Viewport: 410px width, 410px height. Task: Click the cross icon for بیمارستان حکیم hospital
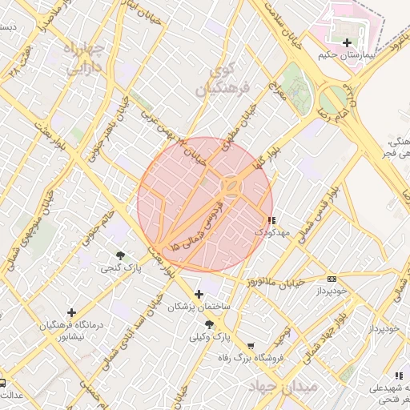coord(346,42)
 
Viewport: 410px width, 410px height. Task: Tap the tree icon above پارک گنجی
coord(120,255)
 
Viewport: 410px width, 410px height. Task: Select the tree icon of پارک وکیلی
coord(209,324)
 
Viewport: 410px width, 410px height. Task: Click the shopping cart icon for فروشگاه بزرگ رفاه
coord(251,347)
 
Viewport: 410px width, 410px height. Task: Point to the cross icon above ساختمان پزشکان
coord(199,295)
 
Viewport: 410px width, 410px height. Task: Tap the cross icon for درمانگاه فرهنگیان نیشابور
coord(72,312)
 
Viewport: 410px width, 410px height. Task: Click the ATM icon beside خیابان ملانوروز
coord(332,279)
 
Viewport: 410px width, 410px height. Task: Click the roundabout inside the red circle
coord(231,186)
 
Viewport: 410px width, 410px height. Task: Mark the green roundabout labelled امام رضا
coord(330,100)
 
